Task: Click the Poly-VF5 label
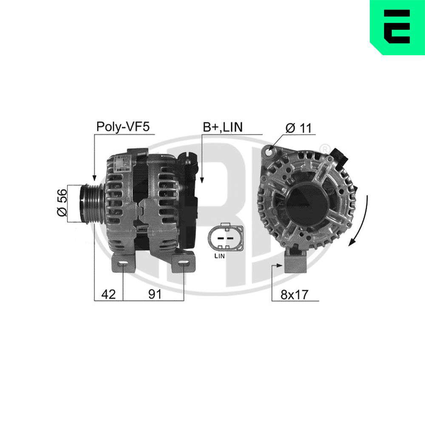(x=123, y=127)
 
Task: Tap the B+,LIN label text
(x=223, y=127)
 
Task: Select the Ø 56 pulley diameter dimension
(x=62, y=202)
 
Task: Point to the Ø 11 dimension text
(x=299, y=127)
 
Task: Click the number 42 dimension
(x=108, y=294)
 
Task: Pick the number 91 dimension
(x=155, y=294)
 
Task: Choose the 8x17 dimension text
(x=295, y=295)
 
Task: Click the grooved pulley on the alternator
(x=91, y=203)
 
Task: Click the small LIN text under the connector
(x=220, y=255)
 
